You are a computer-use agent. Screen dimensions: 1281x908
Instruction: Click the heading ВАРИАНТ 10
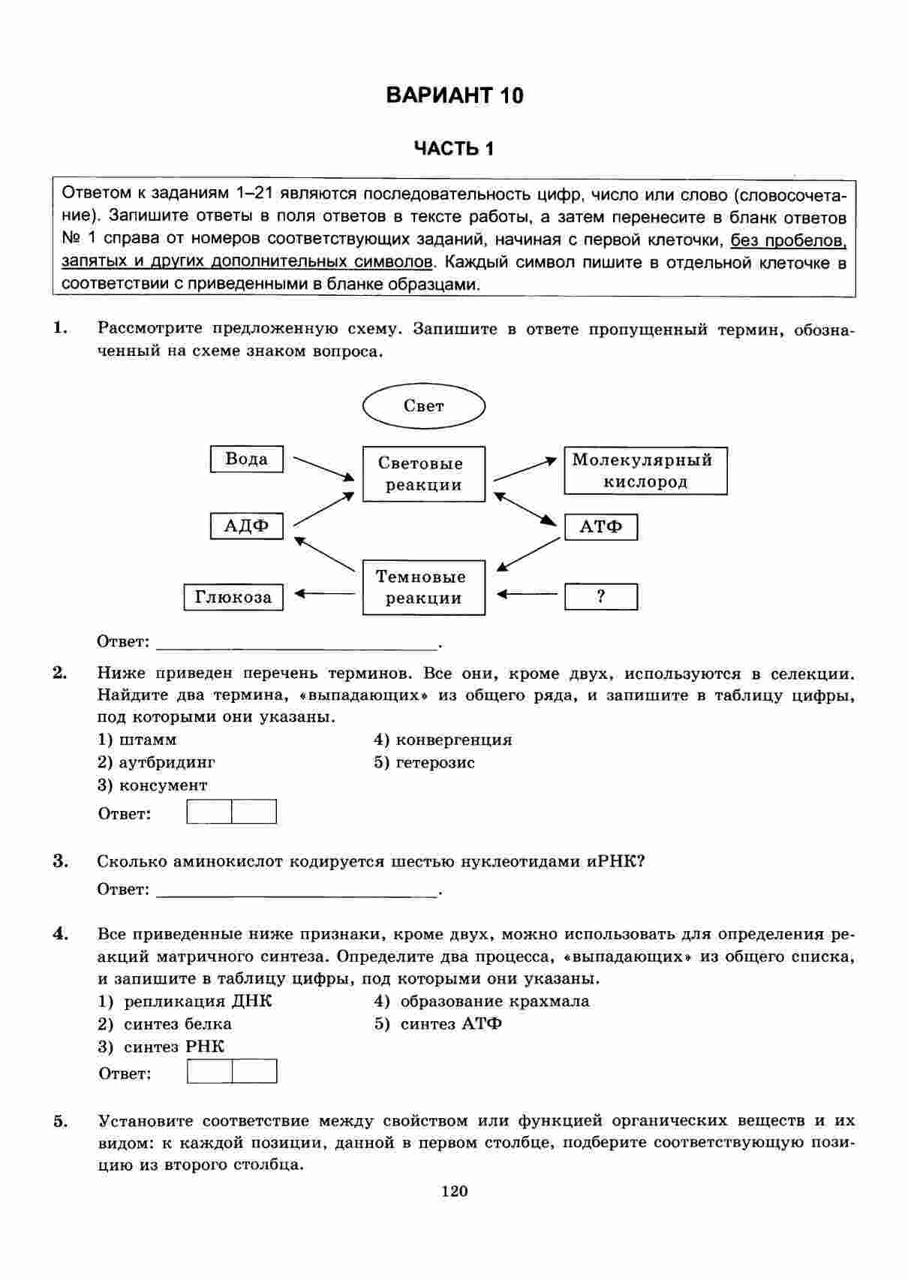pos(454,95)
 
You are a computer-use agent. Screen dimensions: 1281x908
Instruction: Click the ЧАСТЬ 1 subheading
pos(454,149)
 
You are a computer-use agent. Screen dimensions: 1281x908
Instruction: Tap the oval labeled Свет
pos(424,406)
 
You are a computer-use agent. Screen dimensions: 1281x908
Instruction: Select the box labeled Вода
pos(247,460)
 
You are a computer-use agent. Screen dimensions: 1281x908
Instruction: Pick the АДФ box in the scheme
pos(247,526)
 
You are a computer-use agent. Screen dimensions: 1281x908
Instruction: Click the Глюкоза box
pos(233,598)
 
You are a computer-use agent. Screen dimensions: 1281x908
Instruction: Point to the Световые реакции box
pos(424,475)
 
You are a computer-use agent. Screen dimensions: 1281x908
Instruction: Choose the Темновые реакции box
pos(424,588)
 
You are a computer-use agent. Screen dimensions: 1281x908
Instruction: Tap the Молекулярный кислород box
pos(645,471)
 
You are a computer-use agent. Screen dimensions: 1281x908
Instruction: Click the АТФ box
pos(601,527)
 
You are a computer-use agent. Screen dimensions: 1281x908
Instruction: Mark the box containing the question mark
pos(601,597)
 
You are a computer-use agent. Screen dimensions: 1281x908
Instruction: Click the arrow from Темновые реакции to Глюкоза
pos(324,594)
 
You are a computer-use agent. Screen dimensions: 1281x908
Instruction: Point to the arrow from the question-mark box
pos(528,595)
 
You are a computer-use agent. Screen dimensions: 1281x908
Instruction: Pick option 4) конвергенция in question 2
pos(443,740)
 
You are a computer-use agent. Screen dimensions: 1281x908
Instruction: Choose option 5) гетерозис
pos(425,763)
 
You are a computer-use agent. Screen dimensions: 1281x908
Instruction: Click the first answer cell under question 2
pos(209,812)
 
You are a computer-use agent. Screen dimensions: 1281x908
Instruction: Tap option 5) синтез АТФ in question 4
pos(438,1024)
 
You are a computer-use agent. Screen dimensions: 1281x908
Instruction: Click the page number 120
pos(455,1191)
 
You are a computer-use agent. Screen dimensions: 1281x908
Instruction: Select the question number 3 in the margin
pos(60,861)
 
